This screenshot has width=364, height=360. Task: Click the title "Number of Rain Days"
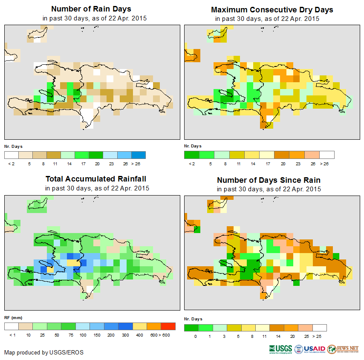coord(91,9)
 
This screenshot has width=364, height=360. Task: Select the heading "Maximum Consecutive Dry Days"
coord(272,9)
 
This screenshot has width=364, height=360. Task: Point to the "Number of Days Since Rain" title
coord(269,180)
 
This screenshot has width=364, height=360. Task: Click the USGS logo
coord(280,349)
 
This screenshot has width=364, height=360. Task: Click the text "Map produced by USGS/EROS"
coord(44,353)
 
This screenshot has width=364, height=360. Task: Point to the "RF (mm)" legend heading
coord(13,318)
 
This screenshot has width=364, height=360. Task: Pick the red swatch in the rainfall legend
coord(168,327)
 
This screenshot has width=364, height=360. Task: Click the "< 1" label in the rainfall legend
coord(12,336)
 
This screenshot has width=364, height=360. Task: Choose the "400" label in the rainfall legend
coord(140,336)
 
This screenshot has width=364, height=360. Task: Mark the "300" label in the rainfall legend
coord(125,336)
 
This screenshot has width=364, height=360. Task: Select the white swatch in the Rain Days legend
coord(12,155)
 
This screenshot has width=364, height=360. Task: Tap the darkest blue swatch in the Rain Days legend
coord(138,155)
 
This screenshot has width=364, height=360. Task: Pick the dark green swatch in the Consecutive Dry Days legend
coord(191,155)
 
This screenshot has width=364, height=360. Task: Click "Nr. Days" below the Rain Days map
coord(13,147)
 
